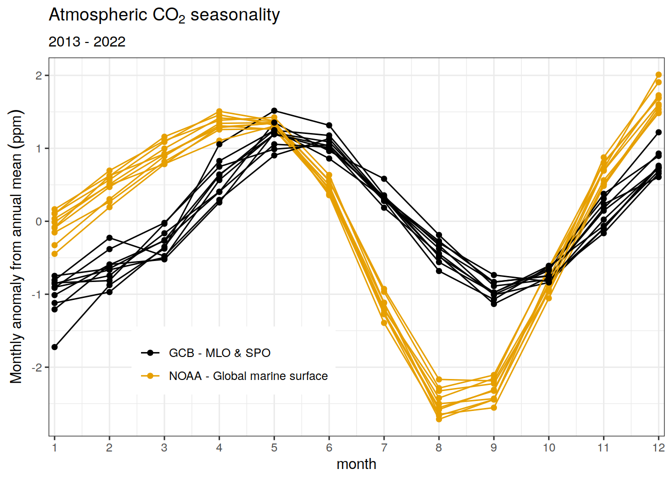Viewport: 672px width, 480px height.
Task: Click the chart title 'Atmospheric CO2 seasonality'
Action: (x=164, y=15)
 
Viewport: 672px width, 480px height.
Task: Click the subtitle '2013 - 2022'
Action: (x=87, y=42)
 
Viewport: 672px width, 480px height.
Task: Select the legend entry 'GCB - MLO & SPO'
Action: (x=219, y=353)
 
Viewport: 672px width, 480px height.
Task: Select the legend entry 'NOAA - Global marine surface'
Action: (x=248, y=376)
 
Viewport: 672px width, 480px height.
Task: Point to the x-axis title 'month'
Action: (x=356, y=464)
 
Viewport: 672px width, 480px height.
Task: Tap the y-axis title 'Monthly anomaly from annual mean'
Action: (x=16, y=246)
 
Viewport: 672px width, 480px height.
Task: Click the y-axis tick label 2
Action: (x=39, y=75)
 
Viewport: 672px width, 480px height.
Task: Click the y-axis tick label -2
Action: (x=37, y=367)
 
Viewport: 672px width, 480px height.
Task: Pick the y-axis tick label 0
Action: (x=39, y=221)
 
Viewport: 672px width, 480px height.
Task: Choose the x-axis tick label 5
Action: (x=274, y=447)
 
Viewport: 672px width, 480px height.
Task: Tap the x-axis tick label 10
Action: (x=548, y=447)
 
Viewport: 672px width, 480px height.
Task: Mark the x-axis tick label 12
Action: (x=658, y=447)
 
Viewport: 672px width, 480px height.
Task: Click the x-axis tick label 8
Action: (x=438, y=447)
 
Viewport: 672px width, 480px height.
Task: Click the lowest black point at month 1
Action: (x=54, y=347)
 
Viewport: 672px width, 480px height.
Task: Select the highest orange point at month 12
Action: (x=658, y=75)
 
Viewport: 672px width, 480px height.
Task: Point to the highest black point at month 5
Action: (x=274, y=110)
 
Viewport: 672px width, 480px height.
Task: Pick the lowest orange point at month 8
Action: (x=439, y=419)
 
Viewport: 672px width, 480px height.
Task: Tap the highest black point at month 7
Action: (x=384, y=178)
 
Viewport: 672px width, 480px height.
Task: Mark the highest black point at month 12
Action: (x=658, y=132)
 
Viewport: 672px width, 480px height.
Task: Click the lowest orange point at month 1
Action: (x=54, y=254)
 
